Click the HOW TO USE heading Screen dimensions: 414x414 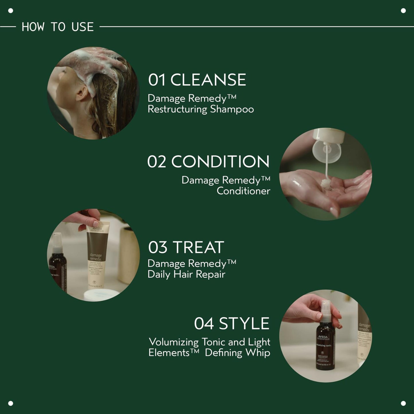point(58,27)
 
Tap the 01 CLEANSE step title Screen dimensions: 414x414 point(197,80)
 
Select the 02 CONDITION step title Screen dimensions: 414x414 point(208,162)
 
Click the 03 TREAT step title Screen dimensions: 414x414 point(186,247)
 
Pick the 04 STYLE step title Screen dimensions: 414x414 point(231,323)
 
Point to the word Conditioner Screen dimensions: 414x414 point(243,191)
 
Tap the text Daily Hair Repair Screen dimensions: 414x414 point(186,274)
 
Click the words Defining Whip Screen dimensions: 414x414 point(237,353)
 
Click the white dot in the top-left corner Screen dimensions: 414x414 point(11,11)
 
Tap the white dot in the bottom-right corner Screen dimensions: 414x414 point(403,403)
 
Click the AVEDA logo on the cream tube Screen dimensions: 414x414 point(97,229)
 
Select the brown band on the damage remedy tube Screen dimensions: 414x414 point(97,246)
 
